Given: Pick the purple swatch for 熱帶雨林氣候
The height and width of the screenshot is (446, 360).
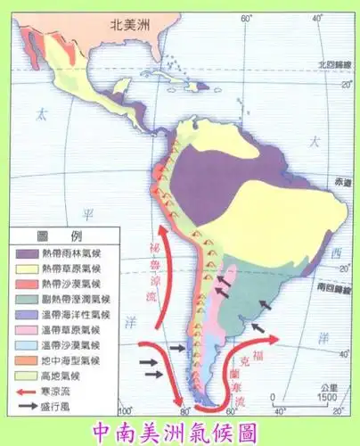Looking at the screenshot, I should coord(25,252).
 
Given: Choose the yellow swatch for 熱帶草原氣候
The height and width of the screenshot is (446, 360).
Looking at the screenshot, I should coord(25,267).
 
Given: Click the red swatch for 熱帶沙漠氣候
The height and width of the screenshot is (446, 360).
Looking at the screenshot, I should coord(25,280).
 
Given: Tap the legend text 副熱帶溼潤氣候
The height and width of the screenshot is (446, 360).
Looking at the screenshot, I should coord(73,294).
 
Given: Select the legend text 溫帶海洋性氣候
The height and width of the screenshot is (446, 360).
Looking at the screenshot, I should coord(73,309).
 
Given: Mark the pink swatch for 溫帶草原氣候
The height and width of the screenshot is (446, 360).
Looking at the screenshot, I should coord(25,322).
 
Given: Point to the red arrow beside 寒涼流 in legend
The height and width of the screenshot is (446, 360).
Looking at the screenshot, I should coord(25,377).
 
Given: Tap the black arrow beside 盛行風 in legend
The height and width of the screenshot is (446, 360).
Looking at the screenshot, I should coord(25,392).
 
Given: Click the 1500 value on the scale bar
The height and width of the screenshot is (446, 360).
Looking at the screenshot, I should coord(324,396).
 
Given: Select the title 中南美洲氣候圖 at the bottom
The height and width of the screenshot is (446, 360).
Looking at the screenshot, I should coord(181,430).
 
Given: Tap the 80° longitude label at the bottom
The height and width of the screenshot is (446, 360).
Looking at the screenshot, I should coord(185,411).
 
